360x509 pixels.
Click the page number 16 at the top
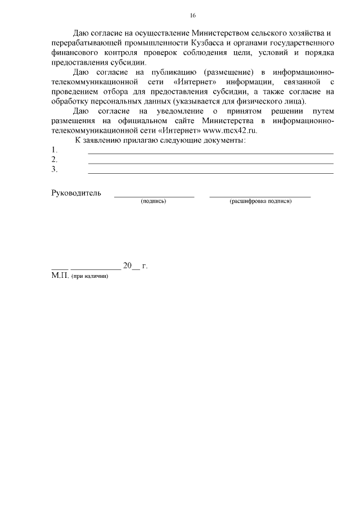pyautogui.click(x=193, y=15)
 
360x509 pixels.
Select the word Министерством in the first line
pyautogui.click(x=218, y=33)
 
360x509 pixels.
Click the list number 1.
pyautogui.click(x=54, y=150)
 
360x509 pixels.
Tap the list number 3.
pyautogui.click(x=54, y=169)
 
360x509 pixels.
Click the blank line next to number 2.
pyautogui.click(x=210, y=163)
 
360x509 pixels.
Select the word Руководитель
pyautogui.click(x=76, y=193)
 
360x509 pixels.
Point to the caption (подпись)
pyautogui.click(x=153, y=201)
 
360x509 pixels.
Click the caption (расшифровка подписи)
pyautogui.click(x=260, y=201)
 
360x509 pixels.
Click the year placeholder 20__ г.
pyautogui.click(x=135, y=266)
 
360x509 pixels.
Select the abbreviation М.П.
pyautogui.click(x=60, y=276)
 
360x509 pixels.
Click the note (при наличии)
pyautogui.click(x=89, y=277)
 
